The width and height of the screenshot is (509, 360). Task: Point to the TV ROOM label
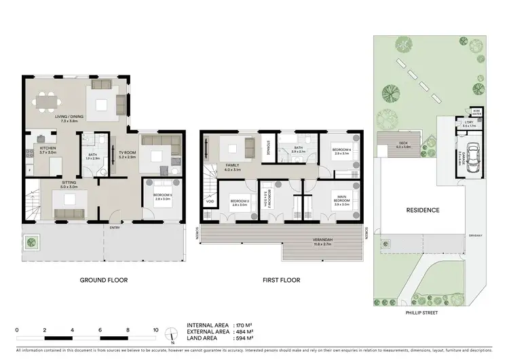[128, 153]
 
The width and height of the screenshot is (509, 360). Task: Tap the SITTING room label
[68, 183]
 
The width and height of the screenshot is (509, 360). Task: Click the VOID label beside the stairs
[211, 201]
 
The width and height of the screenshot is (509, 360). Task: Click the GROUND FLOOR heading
[103, 280]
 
